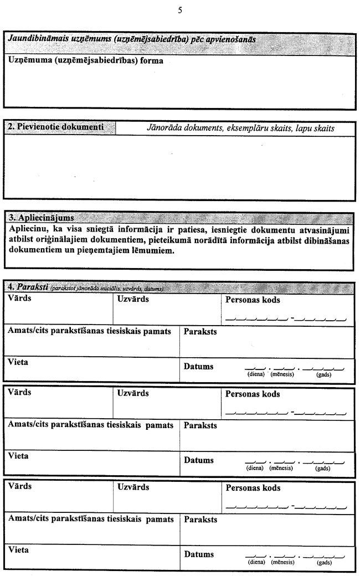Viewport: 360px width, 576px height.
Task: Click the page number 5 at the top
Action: (x=180, y=11)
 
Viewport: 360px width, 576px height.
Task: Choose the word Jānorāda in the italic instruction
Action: (x=162, y=128)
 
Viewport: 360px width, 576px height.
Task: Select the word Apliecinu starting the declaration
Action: (x=29, y=228)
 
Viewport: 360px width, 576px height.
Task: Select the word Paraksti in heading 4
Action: (x=32, y=287)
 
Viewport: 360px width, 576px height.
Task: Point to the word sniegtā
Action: (x=102, y=228)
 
